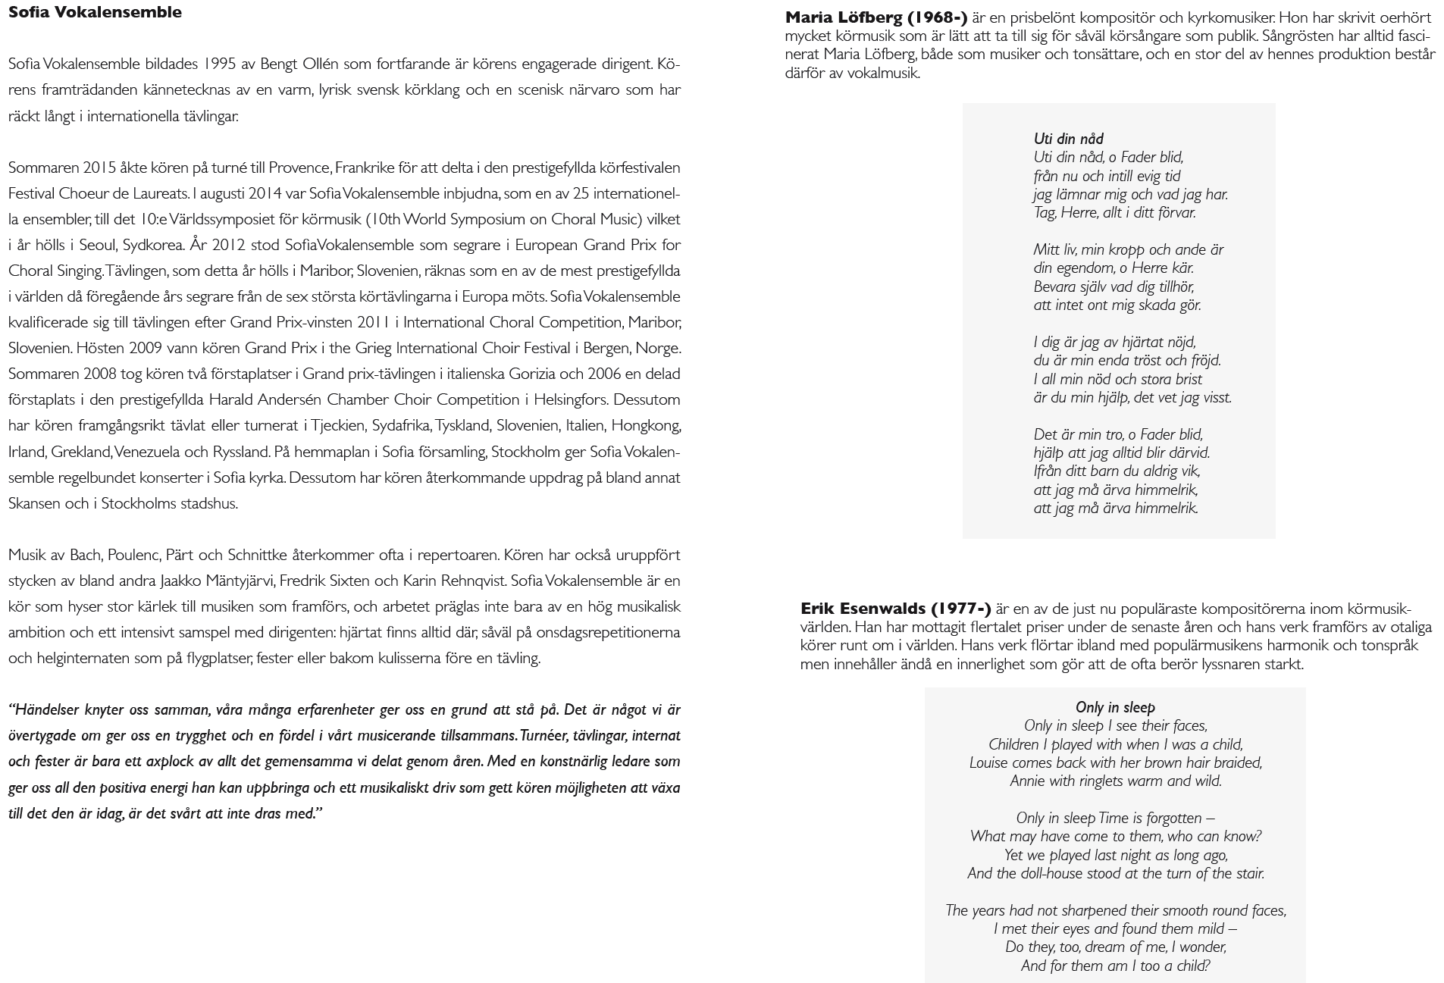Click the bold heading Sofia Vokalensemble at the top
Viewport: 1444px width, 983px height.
pyautogui.click(x=95, y=12)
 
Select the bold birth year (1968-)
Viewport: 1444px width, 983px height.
pyautogui.click(x=937, y=17)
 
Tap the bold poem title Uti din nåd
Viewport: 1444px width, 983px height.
pyautogui.click(x=1068, y=139)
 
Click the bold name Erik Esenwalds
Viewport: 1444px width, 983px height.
pyautogui.click(x=863, y=609)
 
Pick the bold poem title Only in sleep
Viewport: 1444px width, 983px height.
pyautogui.click(x=1114, y=707)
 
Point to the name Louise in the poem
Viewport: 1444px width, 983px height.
pyautogui.click(x=988, y=762)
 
